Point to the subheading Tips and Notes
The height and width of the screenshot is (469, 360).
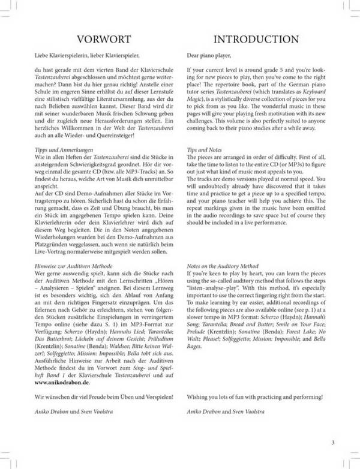pos(206,146)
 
